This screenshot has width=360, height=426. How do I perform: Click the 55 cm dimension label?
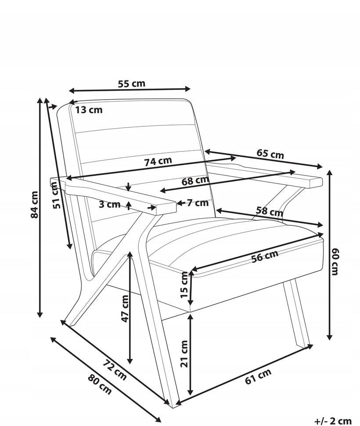tap(132, 83)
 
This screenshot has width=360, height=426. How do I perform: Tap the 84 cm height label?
tap(35, 204)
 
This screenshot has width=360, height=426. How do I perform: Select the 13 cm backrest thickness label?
tap(89, 110)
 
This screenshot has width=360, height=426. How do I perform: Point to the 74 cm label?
tap(158, 161)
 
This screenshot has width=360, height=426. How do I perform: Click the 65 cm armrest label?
tap(270, 154)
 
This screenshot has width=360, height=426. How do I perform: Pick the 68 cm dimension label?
tap(195, 181)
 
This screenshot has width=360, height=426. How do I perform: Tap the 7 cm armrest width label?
tap(198, 203)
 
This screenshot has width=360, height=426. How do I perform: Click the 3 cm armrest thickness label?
tap(109, 204)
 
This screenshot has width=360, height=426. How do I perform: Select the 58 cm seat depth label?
tap(270, 211)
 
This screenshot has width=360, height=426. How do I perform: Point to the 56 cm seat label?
tap(265, 256)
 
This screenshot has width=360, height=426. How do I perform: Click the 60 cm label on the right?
tap(335, 261)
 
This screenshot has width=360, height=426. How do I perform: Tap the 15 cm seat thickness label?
tap(184, 285)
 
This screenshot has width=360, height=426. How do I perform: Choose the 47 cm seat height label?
tap(125, 309)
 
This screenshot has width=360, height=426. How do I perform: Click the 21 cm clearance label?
tap(184, 354)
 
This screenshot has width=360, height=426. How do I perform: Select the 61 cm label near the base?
tap(258, 376)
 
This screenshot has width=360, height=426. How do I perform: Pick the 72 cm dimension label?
tap(115, 370)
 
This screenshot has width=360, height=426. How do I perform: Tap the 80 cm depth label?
tap(100, 385)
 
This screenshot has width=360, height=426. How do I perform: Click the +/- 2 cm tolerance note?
tap(333, 421)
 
